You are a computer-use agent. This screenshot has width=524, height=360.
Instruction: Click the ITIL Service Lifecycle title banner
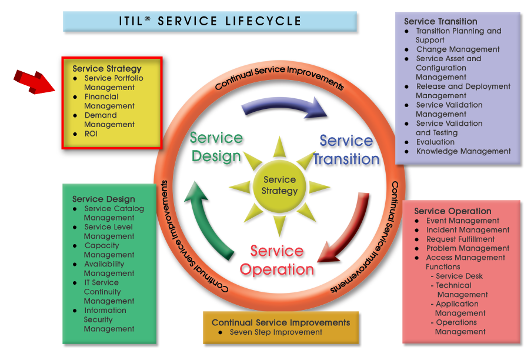click(x=210, y=21)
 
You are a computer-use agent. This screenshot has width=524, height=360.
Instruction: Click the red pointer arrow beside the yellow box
click(x=34, y=82)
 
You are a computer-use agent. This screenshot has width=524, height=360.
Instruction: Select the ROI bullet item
click(x=91, y=134)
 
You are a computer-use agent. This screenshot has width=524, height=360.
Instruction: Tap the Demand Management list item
click(x=109, y=119)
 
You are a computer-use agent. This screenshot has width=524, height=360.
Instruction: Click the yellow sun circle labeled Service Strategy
click(x=279, y=185)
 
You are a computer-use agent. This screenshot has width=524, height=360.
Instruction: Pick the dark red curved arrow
click(x=348, y=231)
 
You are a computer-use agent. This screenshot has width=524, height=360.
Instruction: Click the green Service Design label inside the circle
click(x=216, y=147)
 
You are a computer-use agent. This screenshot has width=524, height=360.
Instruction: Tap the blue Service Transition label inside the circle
click(x=346, y=150)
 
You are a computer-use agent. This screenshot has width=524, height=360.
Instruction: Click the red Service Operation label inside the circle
click(x=277, y=260)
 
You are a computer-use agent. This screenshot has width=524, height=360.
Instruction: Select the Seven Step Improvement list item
click(x=276, y=332)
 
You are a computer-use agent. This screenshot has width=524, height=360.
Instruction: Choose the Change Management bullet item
click(x=458, y=49)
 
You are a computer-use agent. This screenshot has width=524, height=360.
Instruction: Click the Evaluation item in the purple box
click(x=435, y=142)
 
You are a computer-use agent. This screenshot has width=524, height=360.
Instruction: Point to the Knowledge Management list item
click(x=463, y=151)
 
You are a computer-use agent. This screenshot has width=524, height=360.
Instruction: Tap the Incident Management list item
click(x=468, y=230)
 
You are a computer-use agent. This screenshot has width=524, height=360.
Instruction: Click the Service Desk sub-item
click(x=457, y=276)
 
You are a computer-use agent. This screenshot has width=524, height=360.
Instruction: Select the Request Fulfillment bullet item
click(x=460, y=239)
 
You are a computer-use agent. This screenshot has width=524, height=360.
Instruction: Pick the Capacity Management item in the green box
click(x=109, y=250)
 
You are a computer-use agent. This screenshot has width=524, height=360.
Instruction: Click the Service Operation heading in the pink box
click(x=453, y=211)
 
